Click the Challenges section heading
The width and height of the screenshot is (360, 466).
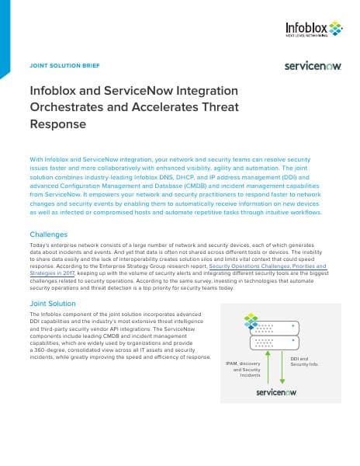tap(48, 233)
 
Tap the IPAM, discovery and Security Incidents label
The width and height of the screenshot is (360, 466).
tap(243, 370)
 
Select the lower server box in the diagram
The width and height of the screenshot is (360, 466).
tap(275, 339)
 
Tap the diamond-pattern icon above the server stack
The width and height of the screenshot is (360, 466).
tap(250, 318)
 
